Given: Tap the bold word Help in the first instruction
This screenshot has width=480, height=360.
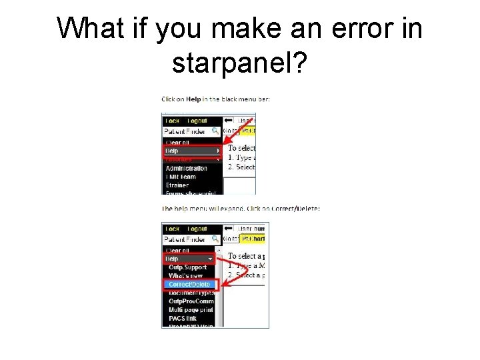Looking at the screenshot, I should [x=193, y=99].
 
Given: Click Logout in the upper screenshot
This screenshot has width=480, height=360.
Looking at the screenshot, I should [x=197, y=121].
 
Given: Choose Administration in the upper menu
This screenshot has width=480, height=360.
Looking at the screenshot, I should [x=187, y=169].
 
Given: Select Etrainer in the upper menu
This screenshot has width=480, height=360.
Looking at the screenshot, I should [x=177, y=185].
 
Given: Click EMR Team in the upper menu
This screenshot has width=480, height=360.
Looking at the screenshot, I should [x=181, y=177].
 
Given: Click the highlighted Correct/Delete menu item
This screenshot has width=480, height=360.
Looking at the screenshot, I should [x=189, y=285].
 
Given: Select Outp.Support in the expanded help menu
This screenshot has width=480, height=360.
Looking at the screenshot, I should [x=187, y=267].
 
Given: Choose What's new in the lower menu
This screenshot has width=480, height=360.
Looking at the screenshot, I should [x=187, y=276].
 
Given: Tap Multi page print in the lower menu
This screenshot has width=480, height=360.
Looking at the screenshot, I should [x=191, y=310].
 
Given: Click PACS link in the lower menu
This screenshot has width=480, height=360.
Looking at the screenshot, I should [x=183, y=319].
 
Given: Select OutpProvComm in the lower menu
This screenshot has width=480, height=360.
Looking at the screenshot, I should [x=191, y=301].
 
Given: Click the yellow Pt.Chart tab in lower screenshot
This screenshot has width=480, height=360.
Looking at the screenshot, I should [x=253, y=239].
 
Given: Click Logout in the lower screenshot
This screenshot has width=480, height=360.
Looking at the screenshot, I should [x=197, y=229].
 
